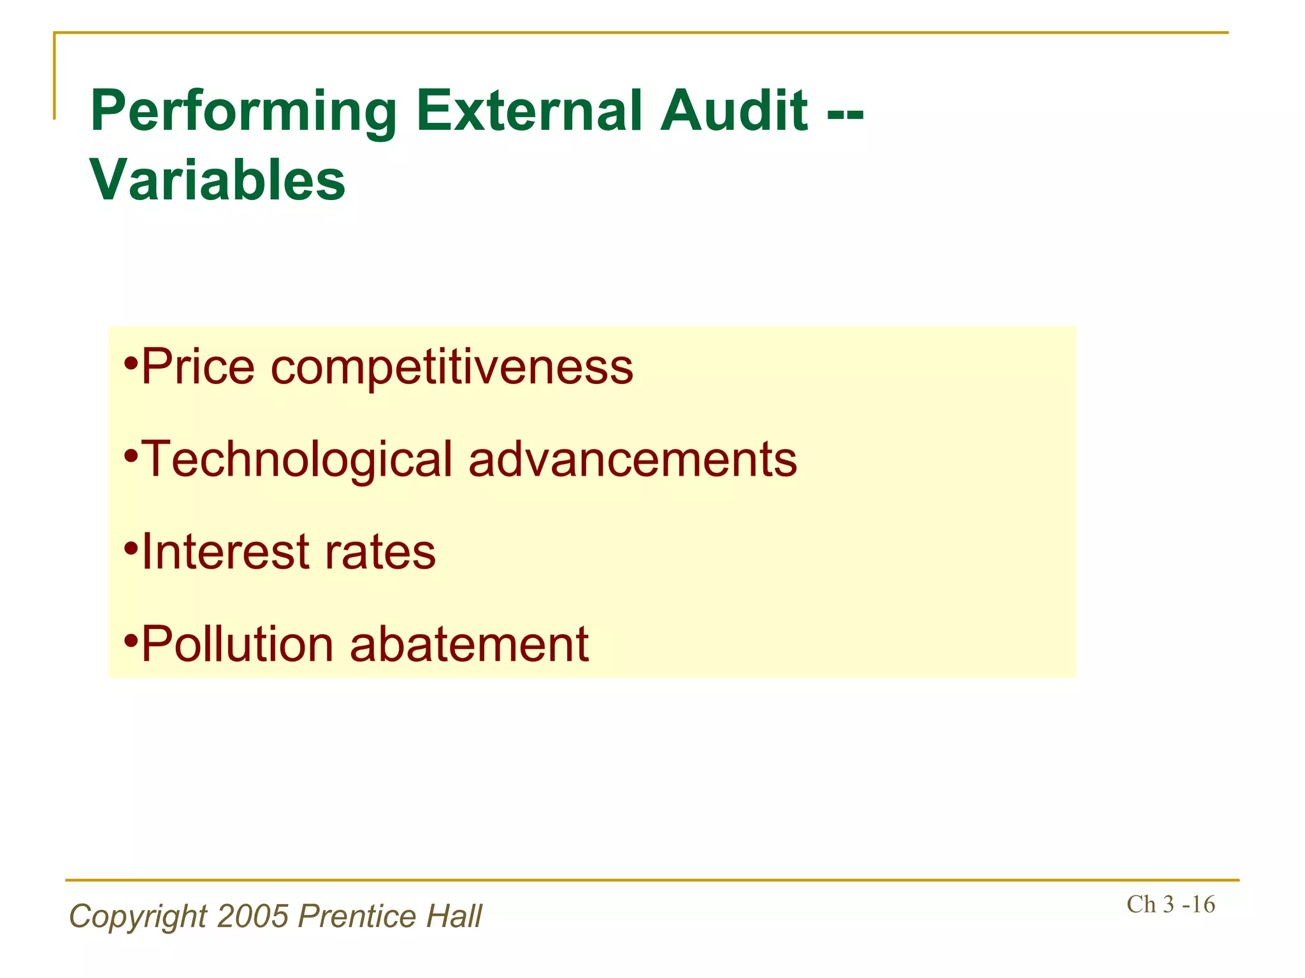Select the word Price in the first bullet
[198, 367]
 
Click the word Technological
[296, 460]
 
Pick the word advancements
[632, 459]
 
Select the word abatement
[469, 644]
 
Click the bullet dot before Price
[131, 365]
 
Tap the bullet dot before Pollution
[131, 641]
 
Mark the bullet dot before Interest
[131, 548]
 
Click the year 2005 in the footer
[253, 916]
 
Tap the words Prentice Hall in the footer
[390, 916]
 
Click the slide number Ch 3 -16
[1171, 904]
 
